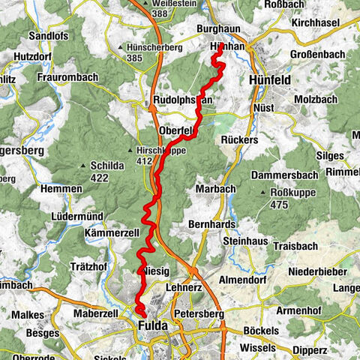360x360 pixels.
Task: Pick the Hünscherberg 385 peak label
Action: coord(156,52)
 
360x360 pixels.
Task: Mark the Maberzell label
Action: coord(94,312)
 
